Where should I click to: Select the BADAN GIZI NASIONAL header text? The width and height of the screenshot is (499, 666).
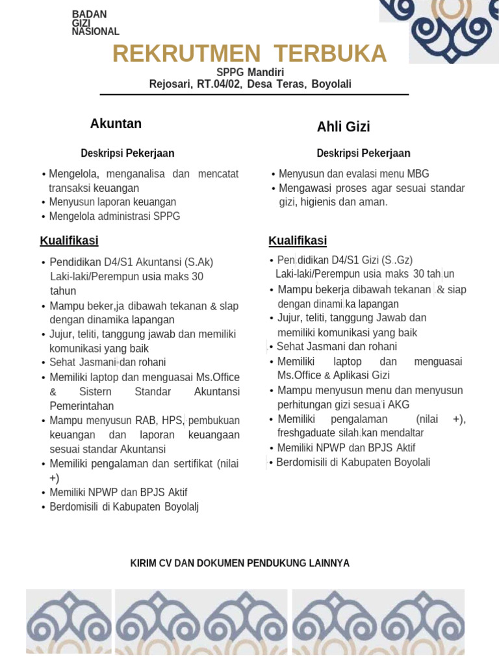point(95,23)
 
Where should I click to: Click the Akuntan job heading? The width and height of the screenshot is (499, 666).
point(116,124)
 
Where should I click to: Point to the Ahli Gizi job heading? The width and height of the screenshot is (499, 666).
point(343,127)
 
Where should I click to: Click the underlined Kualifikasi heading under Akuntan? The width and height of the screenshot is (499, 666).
point(69,241)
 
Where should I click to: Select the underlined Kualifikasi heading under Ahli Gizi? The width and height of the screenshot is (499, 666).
point(298,241)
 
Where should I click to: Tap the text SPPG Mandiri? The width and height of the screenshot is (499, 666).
point(249,72)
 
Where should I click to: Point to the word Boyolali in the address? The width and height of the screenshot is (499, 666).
point(331,84)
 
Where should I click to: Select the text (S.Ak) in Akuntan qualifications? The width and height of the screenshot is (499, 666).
point(194,262)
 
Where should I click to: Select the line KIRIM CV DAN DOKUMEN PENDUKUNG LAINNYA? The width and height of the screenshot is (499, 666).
point(240,563)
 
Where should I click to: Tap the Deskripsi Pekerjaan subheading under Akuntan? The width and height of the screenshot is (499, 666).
point(127,153)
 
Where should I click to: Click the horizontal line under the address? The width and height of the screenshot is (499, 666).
point(254,95)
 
